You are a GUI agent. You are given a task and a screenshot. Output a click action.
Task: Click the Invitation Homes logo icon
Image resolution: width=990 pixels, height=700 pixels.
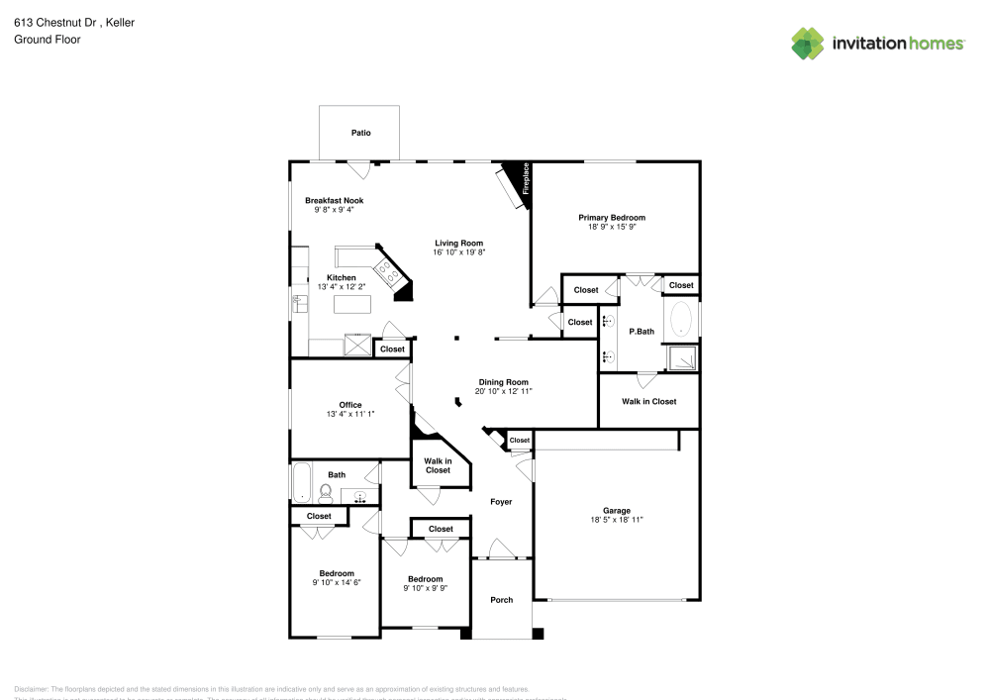point(807,43)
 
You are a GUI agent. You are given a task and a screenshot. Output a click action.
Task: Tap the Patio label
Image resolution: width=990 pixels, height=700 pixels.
point(361,133)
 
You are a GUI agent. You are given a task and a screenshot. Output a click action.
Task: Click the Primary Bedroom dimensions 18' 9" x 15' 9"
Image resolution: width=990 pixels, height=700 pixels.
point(611,227)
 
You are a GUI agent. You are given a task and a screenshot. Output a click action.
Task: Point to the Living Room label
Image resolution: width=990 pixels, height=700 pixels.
point(458,243)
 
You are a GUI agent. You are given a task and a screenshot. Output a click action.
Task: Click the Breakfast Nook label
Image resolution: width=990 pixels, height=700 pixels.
point(334,200)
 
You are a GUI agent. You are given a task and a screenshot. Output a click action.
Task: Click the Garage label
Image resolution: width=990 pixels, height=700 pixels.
point(617,511)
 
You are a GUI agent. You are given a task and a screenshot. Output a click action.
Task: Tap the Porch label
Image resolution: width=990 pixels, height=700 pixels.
point(502,600)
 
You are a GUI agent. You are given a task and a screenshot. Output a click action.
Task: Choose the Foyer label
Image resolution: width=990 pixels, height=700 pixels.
point(502,502)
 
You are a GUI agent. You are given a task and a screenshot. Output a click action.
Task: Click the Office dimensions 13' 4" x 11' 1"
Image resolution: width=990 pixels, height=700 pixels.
point(350,414)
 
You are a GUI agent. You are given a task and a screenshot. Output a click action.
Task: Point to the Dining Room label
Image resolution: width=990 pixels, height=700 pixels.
point(503,382)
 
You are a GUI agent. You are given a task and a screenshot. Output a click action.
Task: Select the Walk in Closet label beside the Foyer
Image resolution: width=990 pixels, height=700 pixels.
point(438,465)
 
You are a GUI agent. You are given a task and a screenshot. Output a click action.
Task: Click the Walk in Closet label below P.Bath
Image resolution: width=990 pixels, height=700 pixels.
point(648,401)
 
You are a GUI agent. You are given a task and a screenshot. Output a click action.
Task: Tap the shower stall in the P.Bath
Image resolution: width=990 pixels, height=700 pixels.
point(681,357)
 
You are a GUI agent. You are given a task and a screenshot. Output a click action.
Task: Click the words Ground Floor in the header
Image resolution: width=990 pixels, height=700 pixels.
point(48,40)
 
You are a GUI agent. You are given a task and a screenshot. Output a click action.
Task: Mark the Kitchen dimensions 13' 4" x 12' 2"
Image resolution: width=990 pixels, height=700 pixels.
point(341,287)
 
